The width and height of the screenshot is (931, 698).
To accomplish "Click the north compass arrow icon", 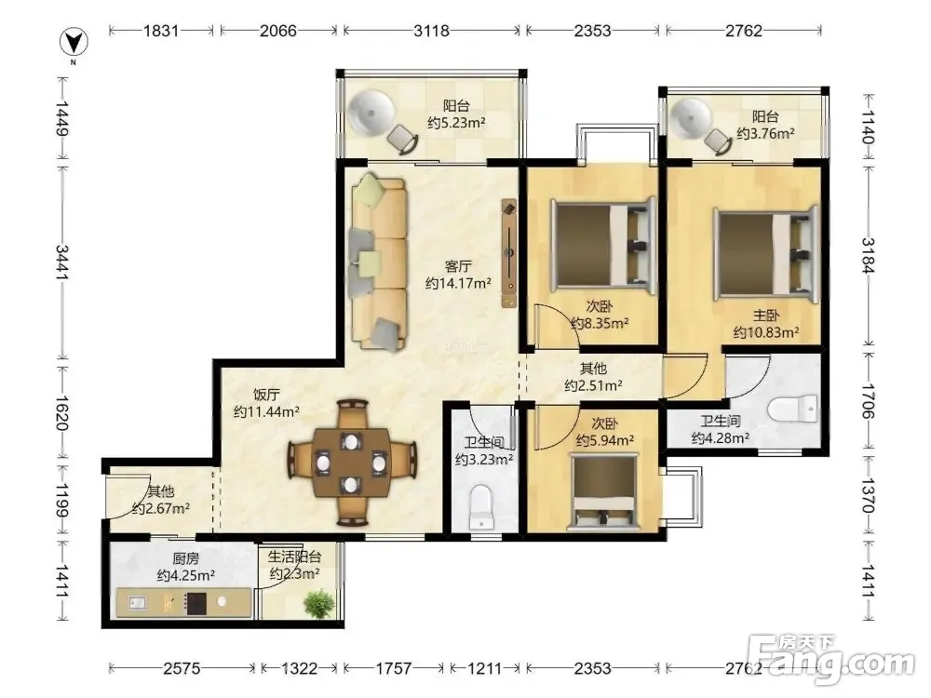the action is point(74,43).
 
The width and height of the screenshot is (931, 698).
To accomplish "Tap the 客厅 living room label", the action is point(458,265).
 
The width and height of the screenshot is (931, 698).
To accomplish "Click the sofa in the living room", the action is point(379,262).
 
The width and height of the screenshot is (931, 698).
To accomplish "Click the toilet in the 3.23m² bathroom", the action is point(481,508).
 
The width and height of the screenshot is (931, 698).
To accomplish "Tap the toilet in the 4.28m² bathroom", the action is point(792,409).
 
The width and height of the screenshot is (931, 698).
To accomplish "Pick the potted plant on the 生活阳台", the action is point(318,604).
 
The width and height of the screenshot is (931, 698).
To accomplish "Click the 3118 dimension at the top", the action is point(432,31).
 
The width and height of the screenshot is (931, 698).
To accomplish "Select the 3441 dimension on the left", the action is point(62,262).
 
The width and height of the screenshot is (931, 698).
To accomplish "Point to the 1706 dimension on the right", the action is point(868,400).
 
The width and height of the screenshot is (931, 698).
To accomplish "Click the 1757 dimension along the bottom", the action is point(394,668).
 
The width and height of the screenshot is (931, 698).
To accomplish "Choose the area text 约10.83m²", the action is point(766,332).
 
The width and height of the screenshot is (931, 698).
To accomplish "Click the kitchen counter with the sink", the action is point(182,603).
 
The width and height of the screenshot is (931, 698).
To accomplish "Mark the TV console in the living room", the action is point(509,253).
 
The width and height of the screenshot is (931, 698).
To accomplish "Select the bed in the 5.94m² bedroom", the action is point(604,491).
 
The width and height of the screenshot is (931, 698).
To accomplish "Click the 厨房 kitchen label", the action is point(186,558).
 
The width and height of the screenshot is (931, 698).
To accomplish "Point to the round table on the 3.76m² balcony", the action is point(691,119).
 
